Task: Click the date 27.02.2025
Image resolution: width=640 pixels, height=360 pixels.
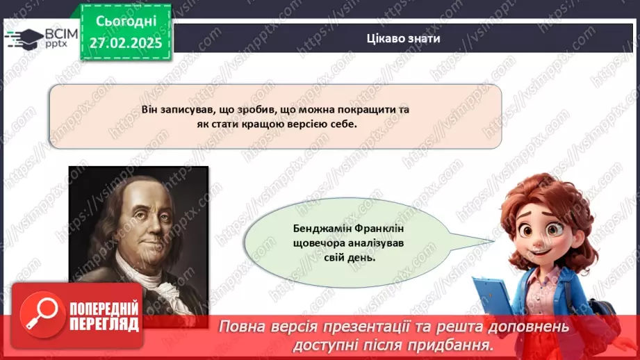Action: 126,42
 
